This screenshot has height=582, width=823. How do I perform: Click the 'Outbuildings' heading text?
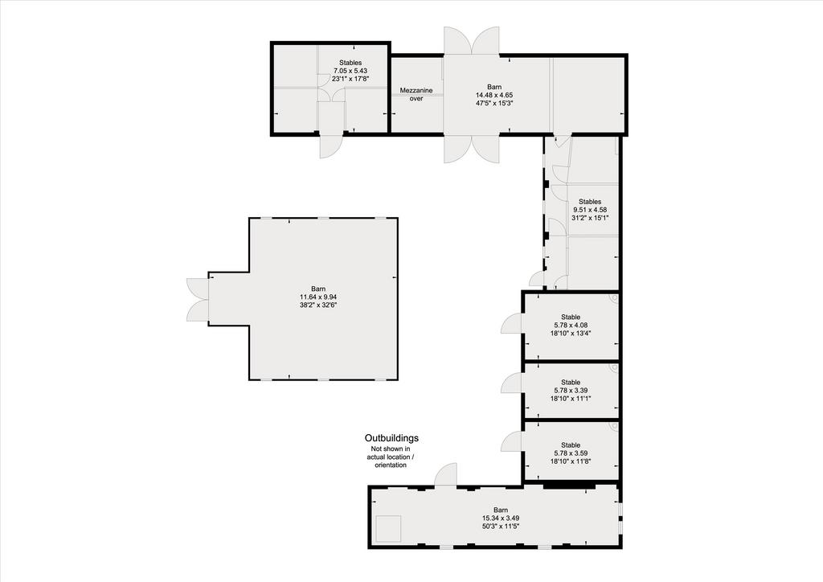click(x=391, y=437)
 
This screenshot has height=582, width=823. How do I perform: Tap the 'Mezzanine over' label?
click(x=416, y=95)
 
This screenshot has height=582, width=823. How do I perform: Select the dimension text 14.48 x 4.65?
click(x=494, y=95)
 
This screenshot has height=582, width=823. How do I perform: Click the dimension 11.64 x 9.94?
click(x=318, y=297)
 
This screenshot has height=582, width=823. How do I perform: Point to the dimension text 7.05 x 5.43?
click(x=350, y=71)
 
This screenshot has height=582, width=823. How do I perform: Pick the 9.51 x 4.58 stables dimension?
click(x=590, y=209)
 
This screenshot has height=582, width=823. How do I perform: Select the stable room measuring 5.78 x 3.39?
click(x=571, y=391)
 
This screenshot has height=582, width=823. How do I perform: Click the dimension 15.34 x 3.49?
click(x=501, y=518)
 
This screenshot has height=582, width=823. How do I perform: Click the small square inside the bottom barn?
click(x=388, y=528)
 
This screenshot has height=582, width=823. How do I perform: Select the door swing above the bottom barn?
click(x=445, y=474)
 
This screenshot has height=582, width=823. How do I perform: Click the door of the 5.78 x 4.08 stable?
click(x=512, y=322)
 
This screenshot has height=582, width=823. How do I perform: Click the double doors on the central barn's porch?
click(x=198, y=299)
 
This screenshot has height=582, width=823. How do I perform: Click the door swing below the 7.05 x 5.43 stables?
click(x=332, y=145)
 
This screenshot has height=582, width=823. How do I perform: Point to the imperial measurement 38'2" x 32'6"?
click(x=318, y=305)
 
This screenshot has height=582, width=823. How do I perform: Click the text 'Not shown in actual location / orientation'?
click(x=391, y=457)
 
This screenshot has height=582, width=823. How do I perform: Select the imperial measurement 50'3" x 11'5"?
click(x=501, y=526)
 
